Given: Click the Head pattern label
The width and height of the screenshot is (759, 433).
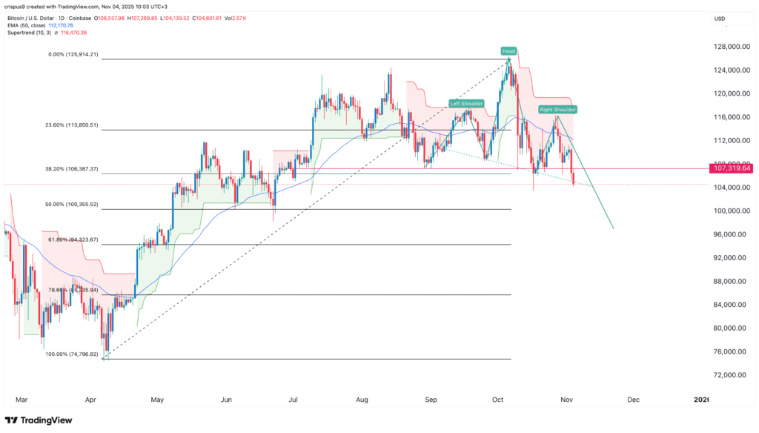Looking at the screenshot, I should pyautogui.click(x=508, y=51).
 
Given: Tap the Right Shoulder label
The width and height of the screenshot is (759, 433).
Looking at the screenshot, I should pyautogui.click(x=557, y=109).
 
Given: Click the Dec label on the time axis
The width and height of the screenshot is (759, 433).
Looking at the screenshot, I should pyautogui.click(x=633, y=399).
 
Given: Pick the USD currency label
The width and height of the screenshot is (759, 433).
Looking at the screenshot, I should pyautogui.click(x=719, y=18).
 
